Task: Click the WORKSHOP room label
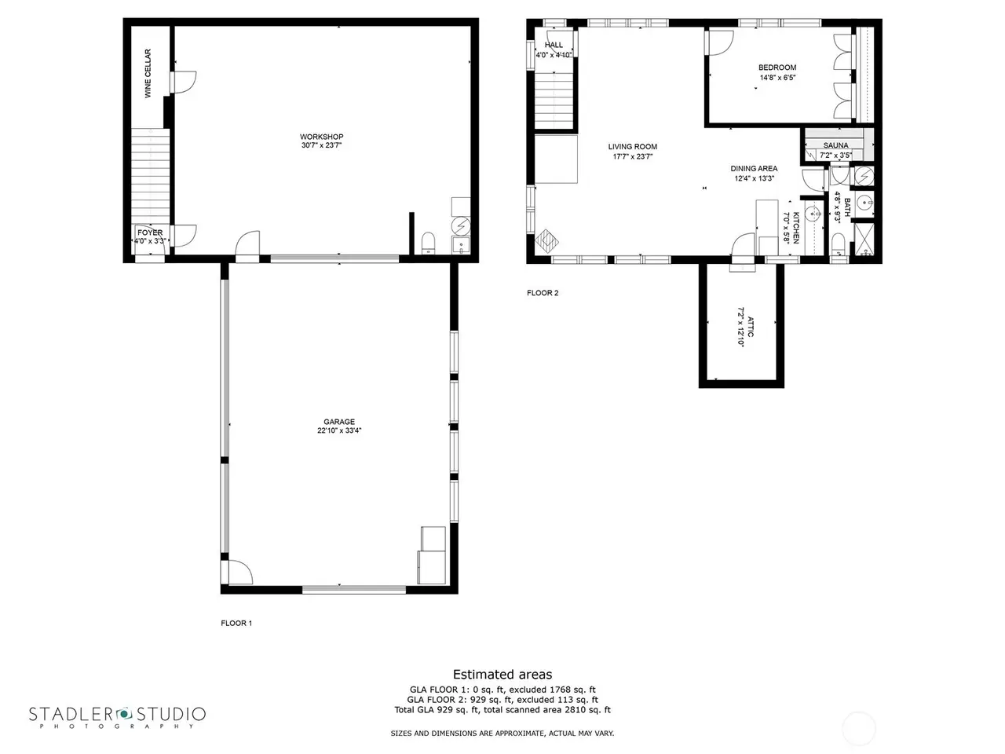tap(321, 137)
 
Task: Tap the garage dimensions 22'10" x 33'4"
tap(339, 430)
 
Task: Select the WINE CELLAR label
tap(148, 73)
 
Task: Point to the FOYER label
tap(150, 232)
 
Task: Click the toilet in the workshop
tap(428, 243)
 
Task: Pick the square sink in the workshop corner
tap(461, 245)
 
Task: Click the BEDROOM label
tap(777, 68)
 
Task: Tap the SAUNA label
tap(835, 145)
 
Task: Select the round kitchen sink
tap(813, 214)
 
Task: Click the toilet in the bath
tap(839, 243)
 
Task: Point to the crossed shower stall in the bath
tap(864, 238)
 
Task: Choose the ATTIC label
tap(751, 327)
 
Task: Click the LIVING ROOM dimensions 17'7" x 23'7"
tap(633, 156)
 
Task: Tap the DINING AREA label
tap(754, 168)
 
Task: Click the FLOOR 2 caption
tap(543, 293)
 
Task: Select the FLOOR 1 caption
tap(236, 623)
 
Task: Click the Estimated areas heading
tap(502, 675)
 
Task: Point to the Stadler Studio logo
tap(117, 716)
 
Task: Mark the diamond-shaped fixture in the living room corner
tap(546, 241)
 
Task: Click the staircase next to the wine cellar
tap(150, 176)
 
